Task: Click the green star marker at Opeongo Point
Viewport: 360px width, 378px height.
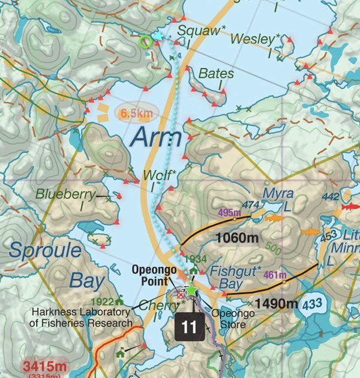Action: click(191, 290)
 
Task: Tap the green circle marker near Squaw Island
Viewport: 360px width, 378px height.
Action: click(144, 41)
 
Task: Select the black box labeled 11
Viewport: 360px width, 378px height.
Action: click(189, 327)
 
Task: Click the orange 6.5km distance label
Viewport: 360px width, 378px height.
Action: click(133, 112)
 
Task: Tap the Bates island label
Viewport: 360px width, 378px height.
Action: click(216, 74)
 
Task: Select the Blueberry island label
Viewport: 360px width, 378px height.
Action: click(65, 194)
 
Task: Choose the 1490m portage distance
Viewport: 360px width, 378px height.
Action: click(276, 304)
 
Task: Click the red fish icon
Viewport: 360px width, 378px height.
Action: click(349, 206)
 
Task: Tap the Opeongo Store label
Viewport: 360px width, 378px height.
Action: click(229, 318)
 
